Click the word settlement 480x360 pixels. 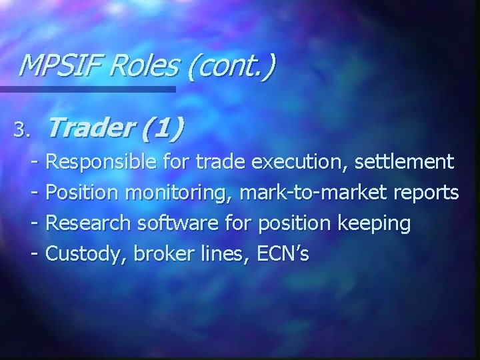click(405, 161)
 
